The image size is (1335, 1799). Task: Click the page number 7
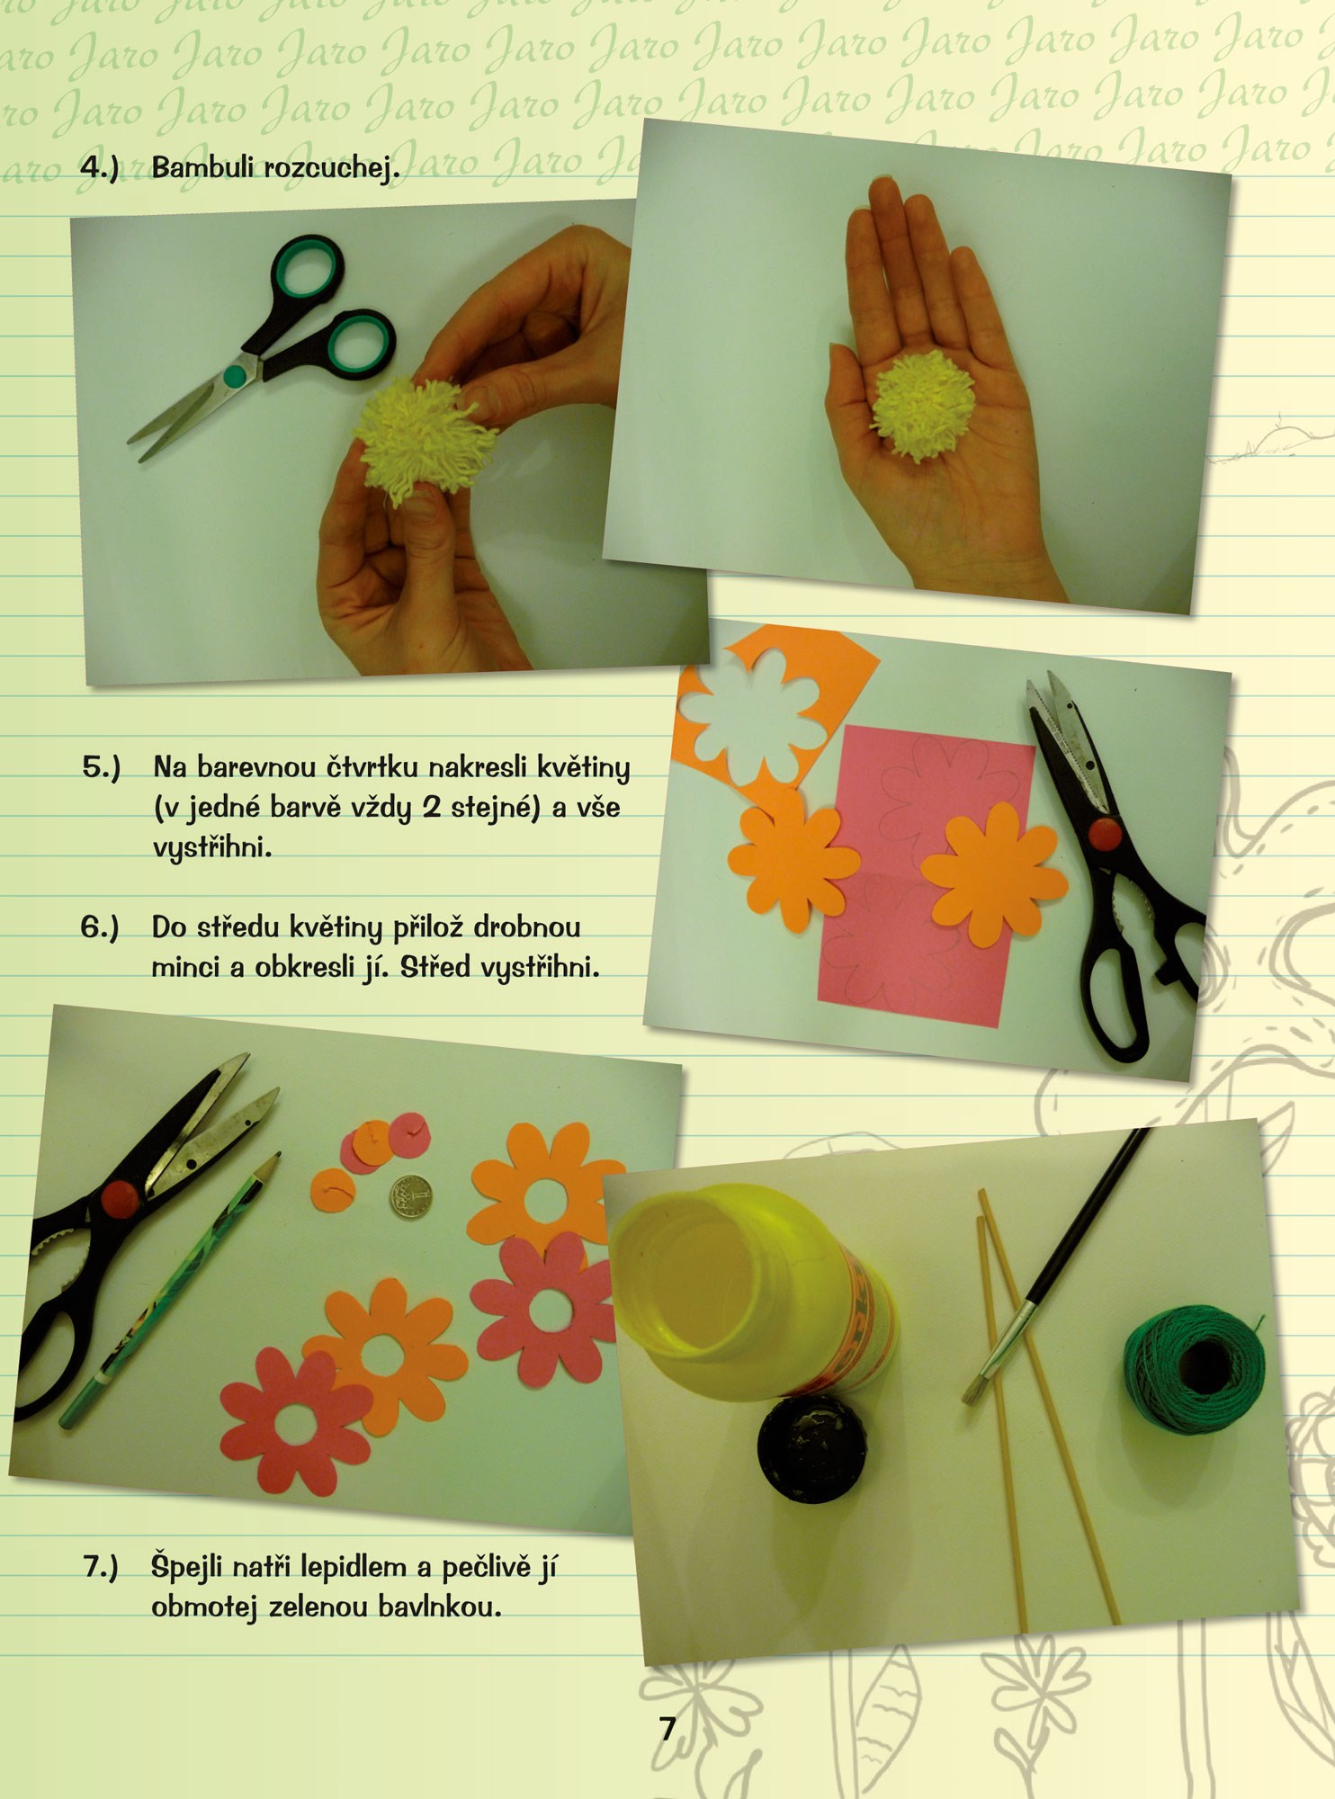point(667,1729)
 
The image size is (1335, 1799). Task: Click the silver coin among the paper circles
point(408,1196)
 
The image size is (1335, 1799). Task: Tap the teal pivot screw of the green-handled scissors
point(236,374)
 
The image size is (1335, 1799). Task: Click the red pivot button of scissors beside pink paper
point(1106,834)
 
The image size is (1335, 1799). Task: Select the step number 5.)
point(101,768)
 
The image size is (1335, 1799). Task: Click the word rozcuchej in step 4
point(330,168)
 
